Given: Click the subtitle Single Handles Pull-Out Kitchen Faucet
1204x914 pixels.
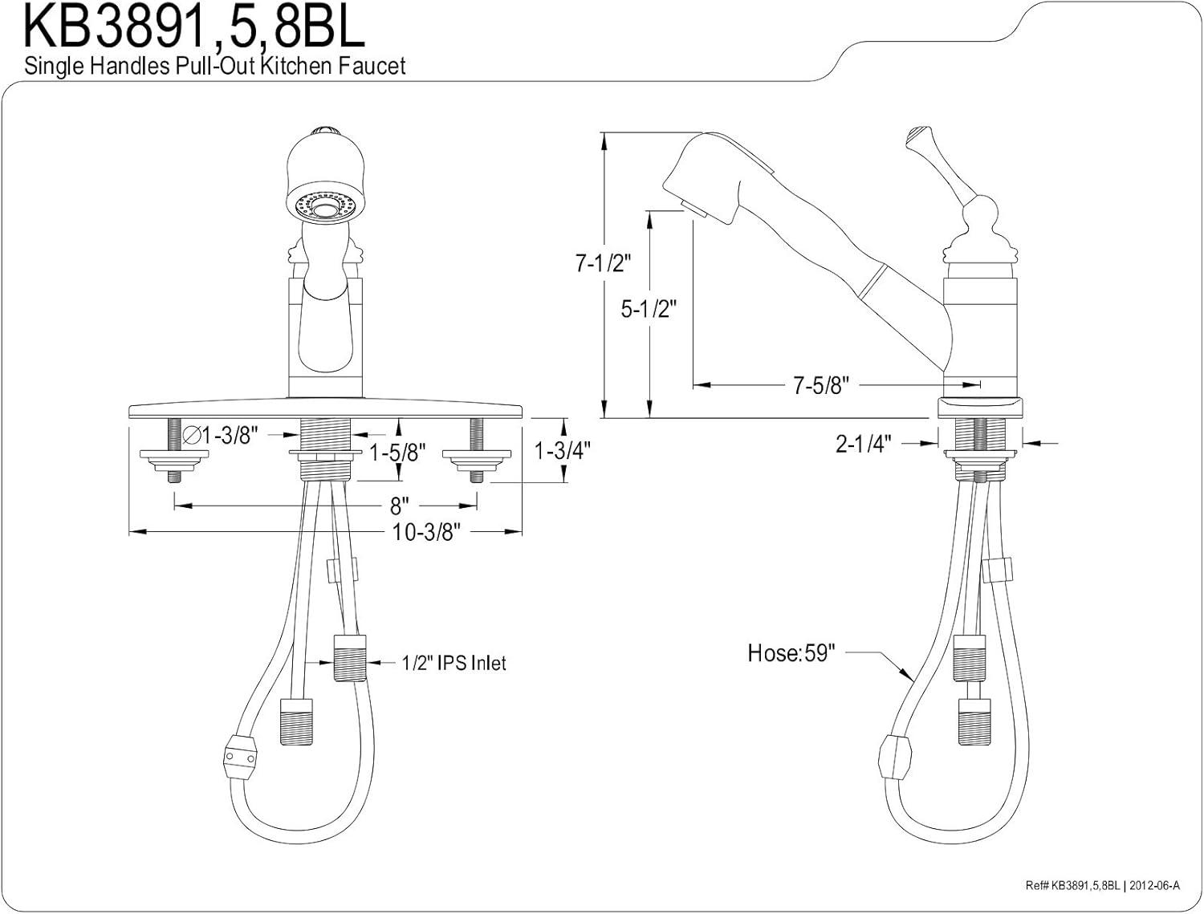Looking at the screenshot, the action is pos(215,67).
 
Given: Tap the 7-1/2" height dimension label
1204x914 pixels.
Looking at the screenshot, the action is pos(603,264).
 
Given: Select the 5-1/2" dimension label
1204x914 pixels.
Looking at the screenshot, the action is pos(649,310).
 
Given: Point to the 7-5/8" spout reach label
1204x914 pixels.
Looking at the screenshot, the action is pos(821,385).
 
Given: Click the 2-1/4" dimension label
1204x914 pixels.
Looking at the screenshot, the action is pos(864,444).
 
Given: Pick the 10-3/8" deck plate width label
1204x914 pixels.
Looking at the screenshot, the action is pos(426,532).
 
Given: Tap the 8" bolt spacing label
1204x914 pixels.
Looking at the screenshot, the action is pos(399,506).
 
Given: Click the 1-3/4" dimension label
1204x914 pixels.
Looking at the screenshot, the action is pos(563,451).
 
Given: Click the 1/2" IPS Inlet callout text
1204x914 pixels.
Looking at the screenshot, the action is pos(454,664).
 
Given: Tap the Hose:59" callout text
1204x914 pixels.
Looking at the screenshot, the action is pos(791,653).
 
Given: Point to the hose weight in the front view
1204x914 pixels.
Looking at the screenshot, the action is pos(240,758).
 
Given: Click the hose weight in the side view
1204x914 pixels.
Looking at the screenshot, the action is pos(895,758).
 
